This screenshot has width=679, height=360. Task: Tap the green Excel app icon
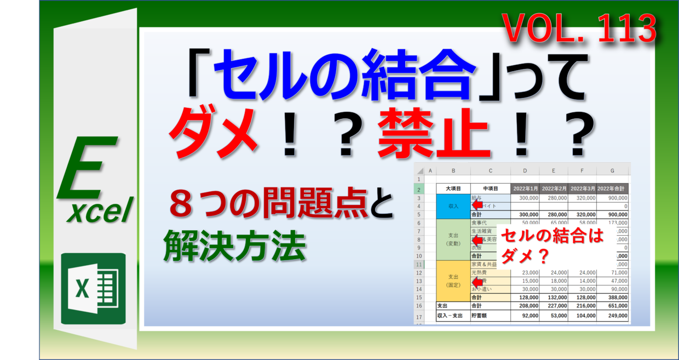click(94, 289)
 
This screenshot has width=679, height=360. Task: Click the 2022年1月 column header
click(525, 188)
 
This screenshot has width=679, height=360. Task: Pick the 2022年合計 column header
click(612, 188)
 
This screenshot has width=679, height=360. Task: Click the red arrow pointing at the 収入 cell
click(476, 205)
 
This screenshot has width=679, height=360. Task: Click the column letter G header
click(612, 170)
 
